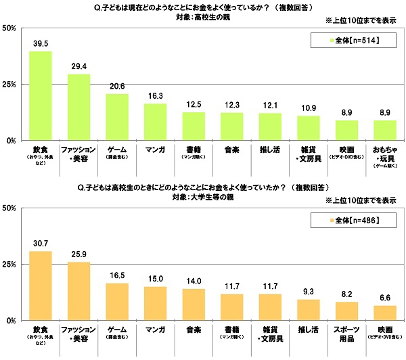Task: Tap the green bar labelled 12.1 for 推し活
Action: pos(270,127)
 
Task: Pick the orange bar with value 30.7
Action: pos(41,285)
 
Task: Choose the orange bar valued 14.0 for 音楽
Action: pos(194,304)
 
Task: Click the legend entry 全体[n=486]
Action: pos(351,221)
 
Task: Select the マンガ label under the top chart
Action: pos(155,148)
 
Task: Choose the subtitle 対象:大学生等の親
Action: pos(203,198)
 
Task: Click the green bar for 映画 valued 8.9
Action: pos(346,131)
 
